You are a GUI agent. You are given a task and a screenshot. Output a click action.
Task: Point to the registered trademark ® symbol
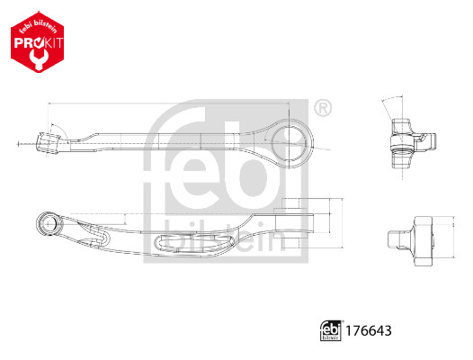[x=324, y=108]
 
